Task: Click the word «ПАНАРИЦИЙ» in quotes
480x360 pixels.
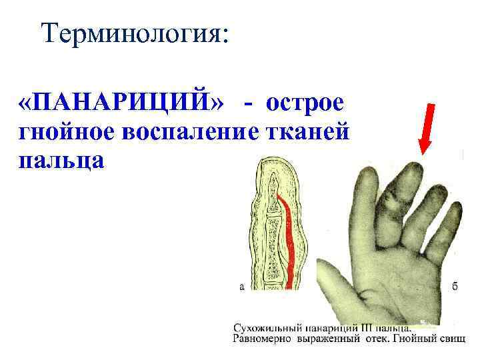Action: tap(123, 105)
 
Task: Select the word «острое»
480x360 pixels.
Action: tap(305, 105)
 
